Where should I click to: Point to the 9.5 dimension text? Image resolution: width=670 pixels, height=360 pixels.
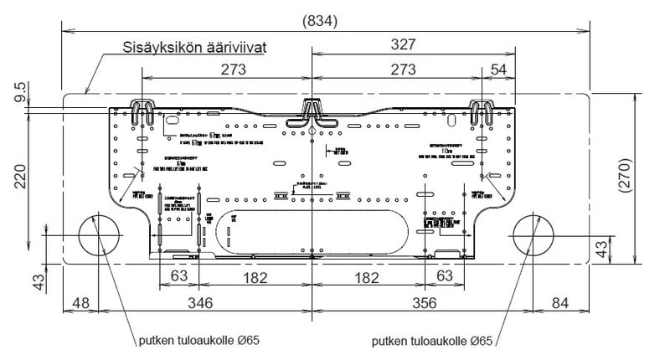(19, 90)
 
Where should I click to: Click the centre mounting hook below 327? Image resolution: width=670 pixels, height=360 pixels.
(312, 109)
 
